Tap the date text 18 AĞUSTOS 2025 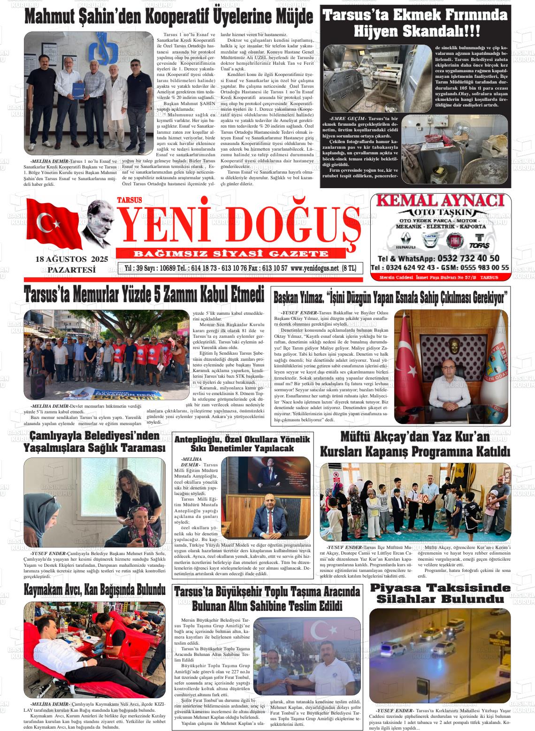(71, 259)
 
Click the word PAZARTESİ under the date (71, 269)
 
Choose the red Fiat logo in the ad (455, 241)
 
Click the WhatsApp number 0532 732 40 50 (467, 258)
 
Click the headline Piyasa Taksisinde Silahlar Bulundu (440, 594)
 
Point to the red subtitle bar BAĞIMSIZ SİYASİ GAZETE (231, 254)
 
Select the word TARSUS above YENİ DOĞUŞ (129, 200)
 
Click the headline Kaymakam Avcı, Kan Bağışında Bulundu (94, 590)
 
